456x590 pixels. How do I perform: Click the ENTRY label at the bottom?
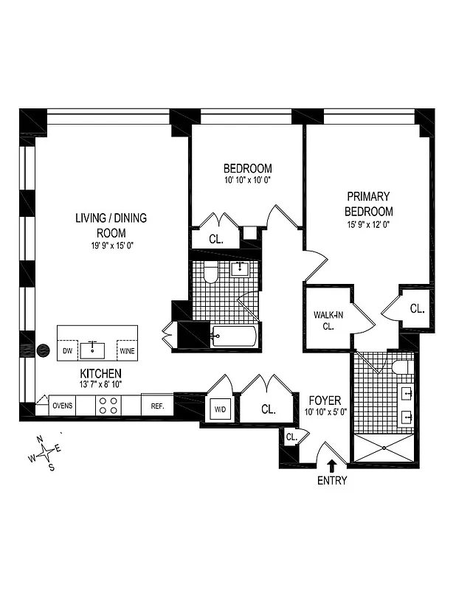pyautogui.click(x=331, y=481)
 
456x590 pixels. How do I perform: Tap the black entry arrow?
pyautogui.click(x=331, y=465)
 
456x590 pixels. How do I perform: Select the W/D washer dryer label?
pyautogui.click(x=221, y=409)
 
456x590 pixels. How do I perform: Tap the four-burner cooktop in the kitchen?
pyautogui.click(x=109, y=406)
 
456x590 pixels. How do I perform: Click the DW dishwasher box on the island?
pyautogui.click(x=68, y=351)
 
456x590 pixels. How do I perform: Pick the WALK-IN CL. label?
pyautogui.click(x=325, y=321)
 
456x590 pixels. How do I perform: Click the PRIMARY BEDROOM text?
pyautogui.click(x=379, y=204)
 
